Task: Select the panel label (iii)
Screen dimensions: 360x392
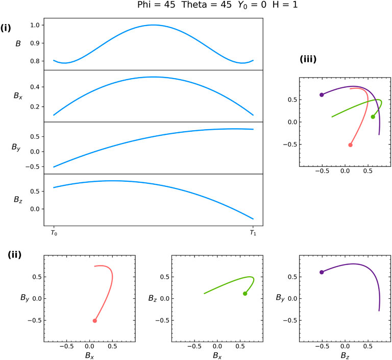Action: click(x=308, y=59)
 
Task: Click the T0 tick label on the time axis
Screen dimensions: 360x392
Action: click(x=54, y=232)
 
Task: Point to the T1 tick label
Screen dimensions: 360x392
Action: click(x=253, y=232)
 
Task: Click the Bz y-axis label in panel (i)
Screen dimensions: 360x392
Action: click(x=18, y=200)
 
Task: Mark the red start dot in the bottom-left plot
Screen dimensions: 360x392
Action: click(x=95, y=321)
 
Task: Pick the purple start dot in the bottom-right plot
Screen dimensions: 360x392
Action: click(x=322, y=272)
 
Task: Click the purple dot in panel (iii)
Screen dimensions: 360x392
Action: click(x=322, y=94)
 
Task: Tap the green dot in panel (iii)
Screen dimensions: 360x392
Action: click(x=373, y=116)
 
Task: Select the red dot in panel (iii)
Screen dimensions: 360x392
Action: click(x=350, y=145)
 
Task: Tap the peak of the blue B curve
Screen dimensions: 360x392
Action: click(x=153, y=25)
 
